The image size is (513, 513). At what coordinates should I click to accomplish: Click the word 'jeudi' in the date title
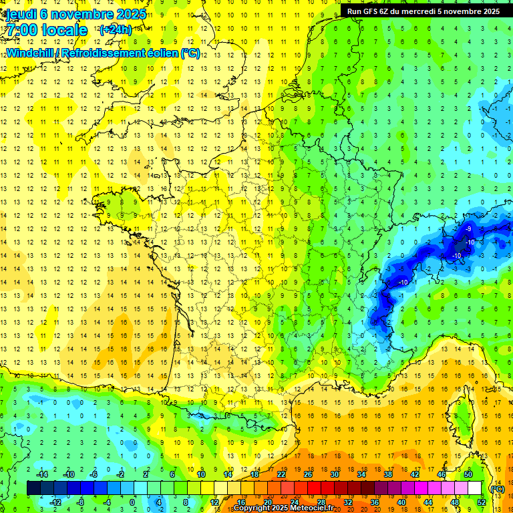pos(19,14)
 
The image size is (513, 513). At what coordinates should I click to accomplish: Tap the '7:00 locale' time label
pos(47,30)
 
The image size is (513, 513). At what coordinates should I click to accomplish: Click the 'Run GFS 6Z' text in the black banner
pos(371,11)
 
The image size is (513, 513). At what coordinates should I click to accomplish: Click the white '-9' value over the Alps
pos(467,229)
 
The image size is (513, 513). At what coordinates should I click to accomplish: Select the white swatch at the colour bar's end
pos(474,488)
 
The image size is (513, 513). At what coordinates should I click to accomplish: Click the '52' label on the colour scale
pos(482,502)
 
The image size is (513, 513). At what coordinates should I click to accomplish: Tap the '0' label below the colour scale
pos(132,502)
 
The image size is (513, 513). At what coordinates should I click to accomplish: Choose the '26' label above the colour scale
pos(307,474)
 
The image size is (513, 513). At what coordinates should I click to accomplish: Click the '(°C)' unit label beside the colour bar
pos(497,489)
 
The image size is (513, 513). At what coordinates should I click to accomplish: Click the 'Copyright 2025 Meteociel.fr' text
pos(283,508)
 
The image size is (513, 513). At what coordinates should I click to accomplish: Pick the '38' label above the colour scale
pos(387,474)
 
